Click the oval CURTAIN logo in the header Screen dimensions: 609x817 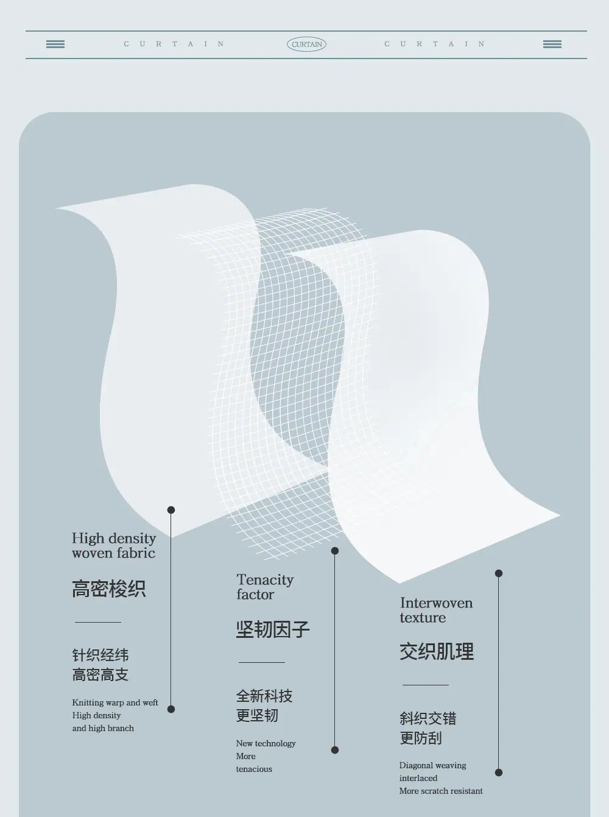point(306,44)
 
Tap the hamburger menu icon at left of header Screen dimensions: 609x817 point(55,44)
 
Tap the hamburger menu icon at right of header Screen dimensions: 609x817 point(552,44)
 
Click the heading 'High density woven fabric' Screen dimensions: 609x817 point(114,545)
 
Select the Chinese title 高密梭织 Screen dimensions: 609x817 point(108,589)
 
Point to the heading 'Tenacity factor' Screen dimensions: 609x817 point(265,587)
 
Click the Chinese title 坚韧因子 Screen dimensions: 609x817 point(273,629)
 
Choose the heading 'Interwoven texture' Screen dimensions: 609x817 point(437,610)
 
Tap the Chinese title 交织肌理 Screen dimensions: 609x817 point(437,651)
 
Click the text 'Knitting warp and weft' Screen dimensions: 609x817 point(115,702)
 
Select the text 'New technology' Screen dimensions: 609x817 point(266,743)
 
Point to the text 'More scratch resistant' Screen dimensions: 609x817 point(441,791)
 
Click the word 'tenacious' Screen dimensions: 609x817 point(254,769)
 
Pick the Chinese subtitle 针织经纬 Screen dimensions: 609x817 point(100,655)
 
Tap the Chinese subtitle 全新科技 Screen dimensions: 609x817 point(264,696)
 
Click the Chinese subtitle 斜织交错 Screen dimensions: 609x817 point(428,718)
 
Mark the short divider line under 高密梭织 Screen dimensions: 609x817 point(98,622)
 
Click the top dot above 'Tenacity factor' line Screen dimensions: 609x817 point(335,551)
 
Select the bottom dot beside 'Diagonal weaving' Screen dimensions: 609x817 point(499,773)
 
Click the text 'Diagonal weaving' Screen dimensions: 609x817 point(432,765)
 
